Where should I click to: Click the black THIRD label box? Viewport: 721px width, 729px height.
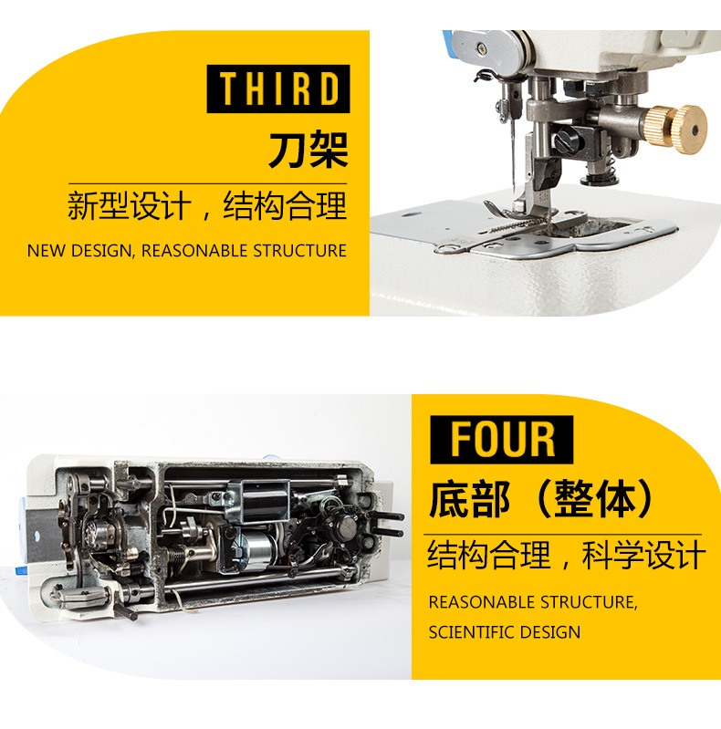[x=278, y=89]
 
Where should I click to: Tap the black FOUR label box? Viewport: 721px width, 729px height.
[x=501, y=440]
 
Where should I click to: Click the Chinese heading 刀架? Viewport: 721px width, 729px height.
[x=308, y=149]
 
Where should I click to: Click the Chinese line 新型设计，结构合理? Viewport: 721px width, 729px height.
[x=207, y=205]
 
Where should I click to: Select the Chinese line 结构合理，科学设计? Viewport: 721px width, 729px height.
[x=566, y=555]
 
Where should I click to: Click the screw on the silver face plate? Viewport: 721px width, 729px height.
[x=480, y=47]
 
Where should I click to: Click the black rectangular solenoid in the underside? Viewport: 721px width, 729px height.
[x=266, y=502]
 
